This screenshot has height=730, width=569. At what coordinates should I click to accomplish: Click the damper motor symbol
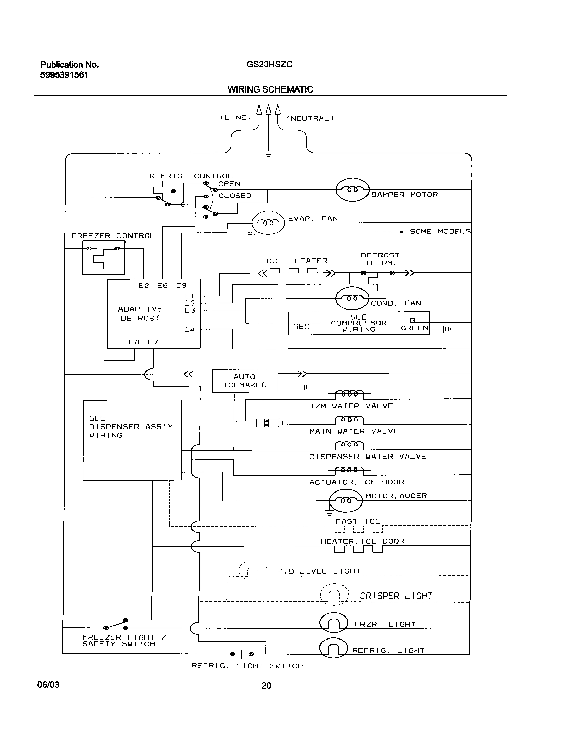click(x=352, y=190)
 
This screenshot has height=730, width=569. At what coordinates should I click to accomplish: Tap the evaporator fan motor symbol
click(x=268, y=223)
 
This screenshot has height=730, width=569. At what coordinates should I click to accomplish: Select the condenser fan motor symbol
click(x=352, y=298)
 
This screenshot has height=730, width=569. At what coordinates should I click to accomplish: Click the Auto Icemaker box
click(x=245, y=380)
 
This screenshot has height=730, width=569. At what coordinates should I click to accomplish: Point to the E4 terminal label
click(x=189, y=330)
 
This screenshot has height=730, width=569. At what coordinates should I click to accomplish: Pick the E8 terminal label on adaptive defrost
click(x=134, y=342)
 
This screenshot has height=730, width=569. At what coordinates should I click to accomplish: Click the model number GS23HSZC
click(x=269, y=64)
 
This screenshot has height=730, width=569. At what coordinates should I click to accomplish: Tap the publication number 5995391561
click(x=64, y=75)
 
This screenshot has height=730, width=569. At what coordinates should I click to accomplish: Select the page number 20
click(x=266, y=686)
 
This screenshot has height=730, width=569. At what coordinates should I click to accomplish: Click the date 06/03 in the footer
click(x=48, y=684)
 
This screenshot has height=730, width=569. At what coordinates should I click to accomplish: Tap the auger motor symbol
click(x=346, y=501)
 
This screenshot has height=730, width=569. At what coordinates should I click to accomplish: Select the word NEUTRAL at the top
click(x=310, y=118)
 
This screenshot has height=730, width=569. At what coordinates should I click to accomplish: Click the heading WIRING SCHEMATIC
click(x=270, y=89)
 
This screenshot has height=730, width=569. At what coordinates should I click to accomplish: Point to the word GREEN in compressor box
click(x=414, y=328)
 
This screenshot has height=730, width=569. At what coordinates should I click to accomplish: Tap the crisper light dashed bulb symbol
click(x=334, y=595)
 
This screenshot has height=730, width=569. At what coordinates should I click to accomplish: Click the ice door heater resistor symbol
click(x=358, y=549)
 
